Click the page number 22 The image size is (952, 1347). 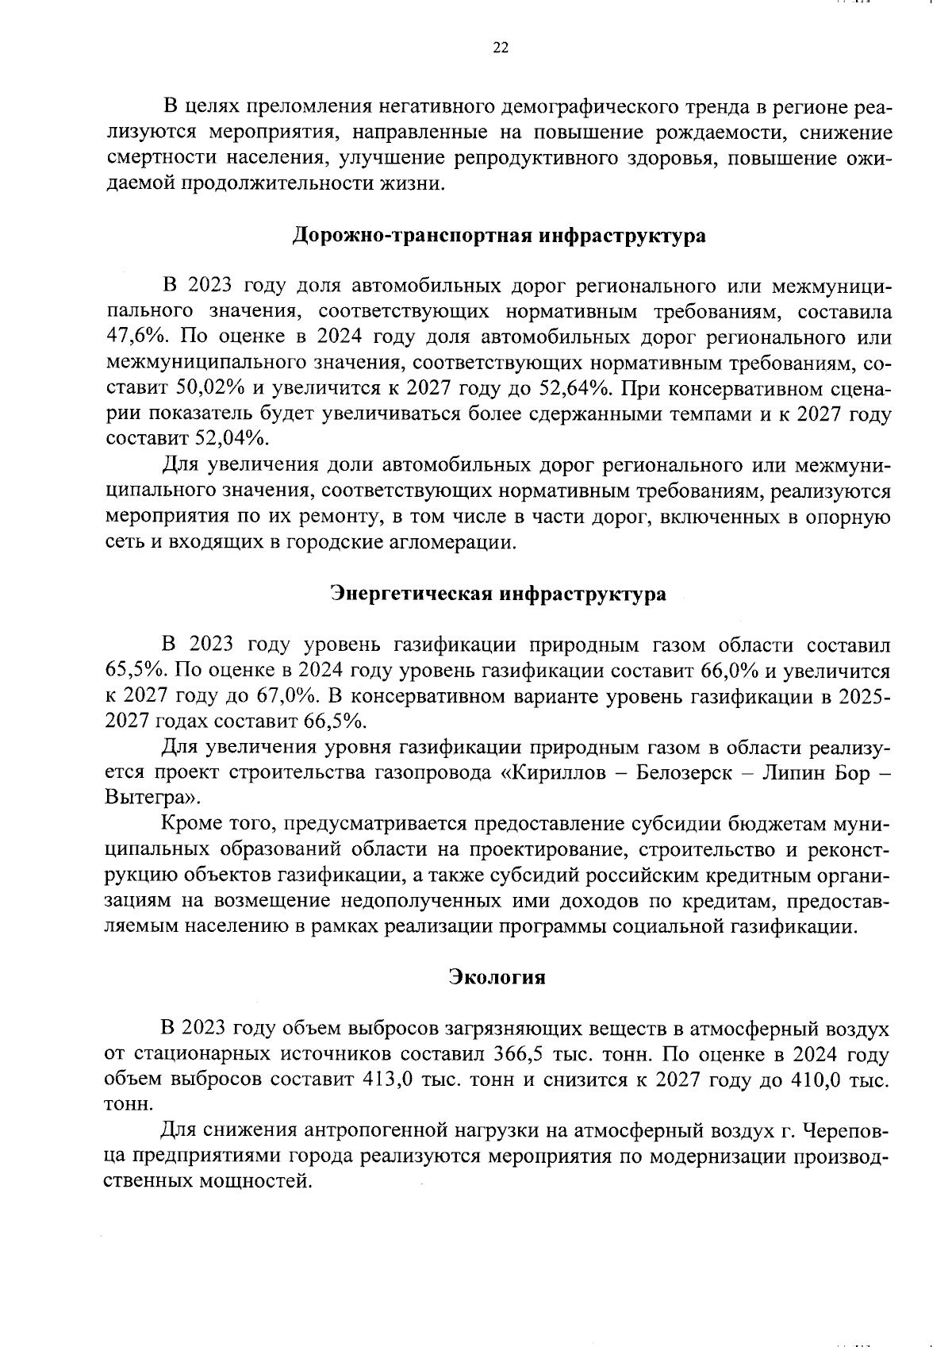(x=500, y=48)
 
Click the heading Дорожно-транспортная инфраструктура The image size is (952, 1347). (x=499, y=237)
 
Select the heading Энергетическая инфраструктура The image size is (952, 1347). (x=498, y=594)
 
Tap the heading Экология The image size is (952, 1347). (x=497, y=976)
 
